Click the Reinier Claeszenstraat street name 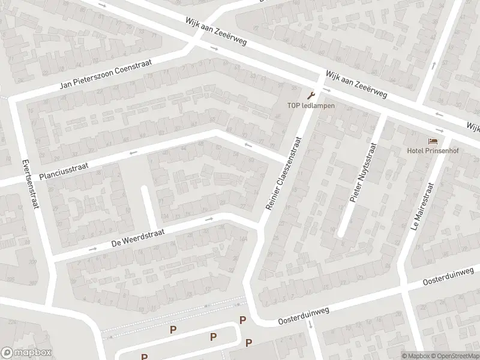coord(283,173)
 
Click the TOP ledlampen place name coord(310,106)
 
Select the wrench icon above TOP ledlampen coord(310,95)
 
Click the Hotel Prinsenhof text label coord(433,151)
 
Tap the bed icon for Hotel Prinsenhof coord(433,141)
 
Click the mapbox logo coord(26,352)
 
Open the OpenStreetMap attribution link coord(455,356)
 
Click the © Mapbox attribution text coord(416,356)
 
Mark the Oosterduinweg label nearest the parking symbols coord(305,318)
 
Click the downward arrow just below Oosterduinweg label coord(310,326)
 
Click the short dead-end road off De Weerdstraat coord(146,205)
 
